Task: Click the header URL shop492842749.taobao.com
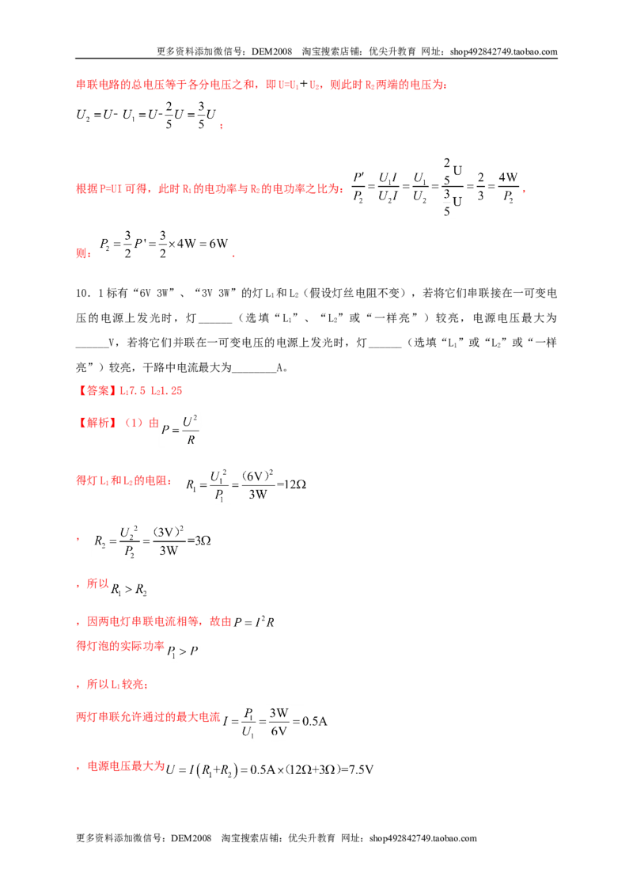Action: click(x=503, y=51)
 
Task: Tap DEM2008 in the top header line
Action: click(x=271, y=51)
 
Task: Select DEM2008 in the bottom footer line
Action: click(x=191, y=838)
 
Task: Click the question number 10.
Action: click(x=83, y=293)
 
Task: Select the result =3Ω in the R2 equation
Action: click(x=199, y=541)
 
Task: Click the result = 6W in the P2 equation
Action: click(x=214, y=244)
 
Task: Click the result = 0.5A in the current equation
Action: click(x=309, y=721)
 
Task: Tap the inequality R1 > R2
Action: click(x=129, y=590)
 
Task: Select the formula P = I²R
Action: click(x=254, y=621)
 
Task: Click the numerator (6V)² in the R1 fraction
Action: click(x=258, y=476)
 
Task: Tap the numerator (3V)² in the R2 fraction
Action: click(x=168, y=532)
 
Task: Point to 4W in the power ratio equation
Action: click(x=508, y=177)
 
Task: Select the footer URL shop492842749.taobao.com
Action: click(x=423, y=838)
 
